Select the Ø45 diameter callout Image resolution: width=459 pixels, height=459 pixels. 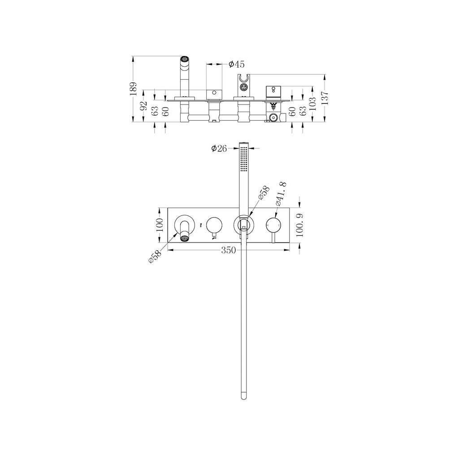click(x=236, y=65)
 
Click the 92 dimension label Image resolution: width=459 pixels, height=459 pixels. click(x=144, y=106)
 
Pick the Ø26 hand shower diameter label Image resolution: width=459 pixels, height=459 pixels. click(x=219, y=148)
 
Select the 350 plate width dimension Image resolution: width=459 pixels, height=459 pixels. click(x=229, y=251)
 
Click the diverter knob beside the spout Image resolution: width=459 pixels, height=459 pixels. click(x=214, y=224)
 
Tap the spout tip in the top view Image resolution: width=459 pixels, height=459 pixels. click(x=184, y=58)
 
